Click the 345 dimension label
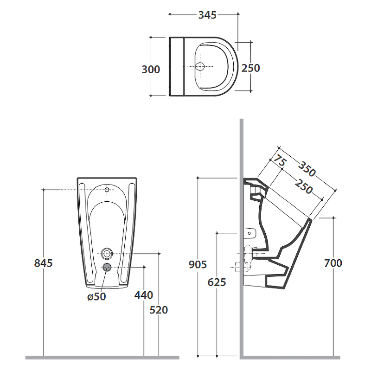tap(207, 15)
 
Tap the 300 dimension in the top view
tap(151, 70)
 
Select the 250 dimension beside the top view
tap(250, 68)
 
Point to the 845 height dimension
tap(43, 263)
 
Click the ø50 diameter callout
tap(96, 297)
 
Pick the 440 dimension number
tap(144, 295)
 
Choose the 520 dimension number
tap(159, 310)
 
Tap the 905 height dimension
tap(198, 264)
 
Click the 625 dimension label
tap(217, 282)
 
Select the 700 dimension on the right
tap(333, 263)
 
